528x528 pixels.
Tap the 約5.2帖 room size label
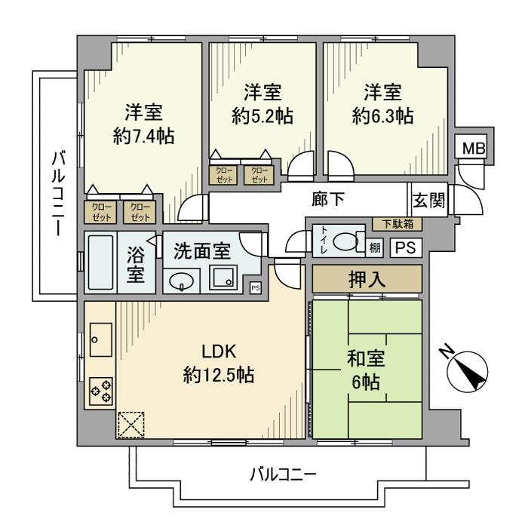(x=262, y=116)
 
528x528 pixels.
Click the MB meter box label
(x=472, y=149)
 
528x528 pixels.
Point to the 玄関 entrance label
(x=428, y=201)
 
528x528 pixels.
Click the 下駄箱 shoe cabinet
(x=398, y=224)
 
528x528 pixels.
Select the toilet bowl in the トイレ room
(x=348, y=242)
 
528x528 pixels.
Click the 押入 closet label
(x=367, y=279)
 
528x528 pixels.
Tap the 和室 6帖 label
(x=367, y=370)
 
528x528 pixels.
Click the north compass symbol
(x=468, y=371)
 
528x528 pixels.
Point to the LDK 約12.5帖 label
(x=219, y=363)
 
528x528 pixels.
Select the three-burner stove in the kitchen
(x=101, y=391)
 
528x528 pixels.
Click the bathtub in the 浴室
(x=100, y=262)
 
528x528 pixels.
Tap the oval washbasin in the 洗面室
(x=181, y=281)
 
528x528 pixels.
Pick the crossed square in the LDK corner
(x=130, y=425)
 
